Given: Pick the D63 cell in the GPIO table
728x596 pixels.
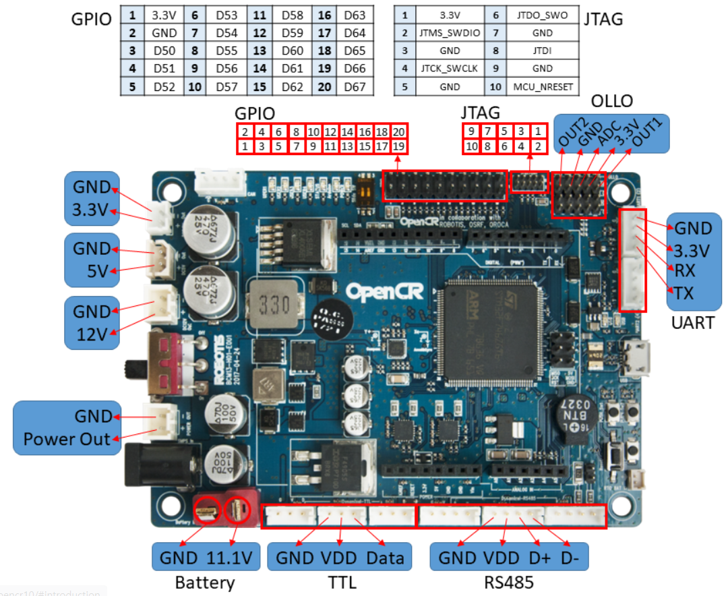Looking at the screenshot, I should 354,15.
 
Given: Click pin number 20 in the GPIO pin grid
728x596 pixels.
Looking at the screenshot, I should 398,132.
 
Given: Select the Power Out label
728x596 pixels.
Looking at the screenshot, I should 67,439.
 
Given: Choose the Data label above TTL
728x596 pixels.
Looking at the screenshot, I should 385,558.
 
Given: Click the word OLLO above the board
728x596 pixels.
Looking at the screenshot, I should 611,101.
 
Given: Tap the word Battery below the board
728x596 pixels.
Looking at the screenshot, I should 205,583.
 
